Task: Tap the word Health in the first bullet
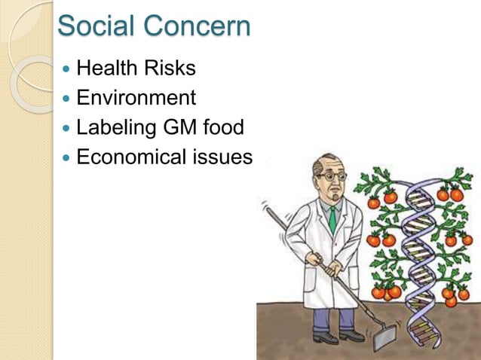(107, 69)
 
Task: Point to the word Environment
(136, 98)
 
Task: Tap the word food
(224, 128)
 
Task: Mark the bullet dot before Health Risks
(67, 69)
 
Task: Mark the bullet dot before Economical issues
(67, 159)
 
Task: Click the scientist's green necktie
(332, 219)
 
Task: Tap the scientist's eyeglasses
(332, 175)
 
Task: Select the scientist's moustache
(334, 189)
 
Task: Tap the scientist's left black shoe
(325, 337)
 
